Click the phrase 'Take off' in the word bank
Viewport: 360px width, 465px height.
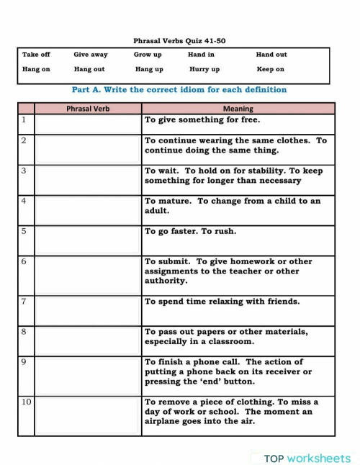(36, 54)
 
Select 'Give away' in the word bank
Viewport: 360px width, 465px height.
(90, 54)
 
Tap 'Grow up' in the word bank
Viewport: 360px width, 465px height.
(148, 54)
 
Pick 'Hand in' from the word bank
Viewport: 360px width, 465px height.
(201, 54)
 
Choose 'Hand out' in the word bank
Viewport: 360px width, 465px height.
(271, 54)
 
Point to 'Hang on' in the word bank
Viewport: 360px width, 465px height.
(36, 69)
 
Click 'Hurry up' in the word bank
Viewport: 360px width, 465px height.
(204, 69)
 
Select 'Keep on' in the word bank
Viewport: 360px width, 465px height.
(271, 69)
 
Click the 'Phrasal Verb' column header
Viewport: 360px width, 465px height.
(88, 109)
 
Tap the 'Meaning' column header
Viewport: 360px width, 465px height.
(238, 109)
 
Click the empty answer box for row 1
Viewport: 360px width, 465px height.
(88, 124)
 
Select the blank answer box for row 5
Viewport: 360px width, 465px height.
(88, 240)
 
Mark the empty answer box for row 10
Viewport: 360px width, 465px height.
(88, 415)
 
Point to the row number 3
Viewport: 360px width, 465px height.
(24, 171)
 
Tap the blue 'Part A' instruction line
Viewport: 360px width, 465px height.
(179, 90)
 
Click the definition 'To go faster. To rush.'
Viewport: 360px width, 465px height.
(190, 232)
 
